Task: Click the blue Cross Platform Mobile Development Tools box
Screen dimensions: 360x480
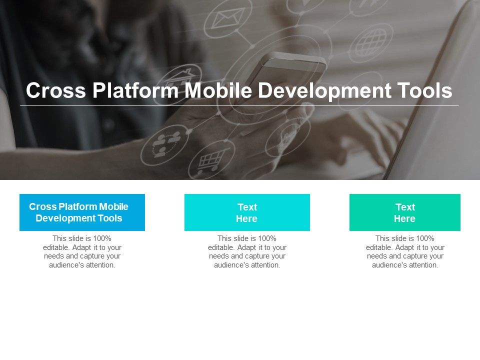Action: click(82, 212)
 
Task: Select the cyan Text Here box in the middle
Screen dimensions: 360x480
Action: click(247, 212)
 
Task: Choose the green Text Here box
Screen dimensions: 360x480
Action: click(405, 212)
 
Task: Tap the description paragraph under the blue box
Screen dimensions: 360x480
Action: click(82, 252)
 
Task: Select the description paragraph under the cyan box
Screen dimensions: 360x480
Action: click(247, 252)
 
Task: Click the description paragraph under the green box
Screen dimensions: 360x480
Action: click(405, 252)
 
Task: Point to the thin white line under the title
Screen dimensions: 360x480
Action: click(239, 106)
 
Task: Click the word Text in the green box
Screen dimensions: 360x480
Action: click(405, 207)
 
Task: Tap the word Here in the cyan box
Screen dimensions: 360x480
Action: click(246, 218)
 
